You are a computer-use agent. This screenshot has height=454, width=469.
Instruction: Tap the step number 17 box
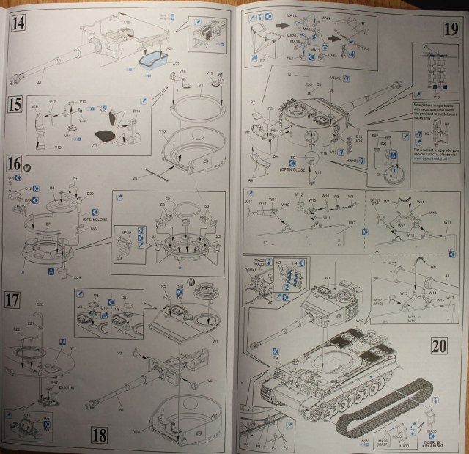(14, 299)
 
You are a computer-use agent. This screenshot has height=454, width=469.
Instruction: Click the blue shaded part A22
(153, 59)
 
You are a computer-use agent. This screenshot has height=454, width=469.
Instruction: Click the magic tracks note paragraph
(431, 114)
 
